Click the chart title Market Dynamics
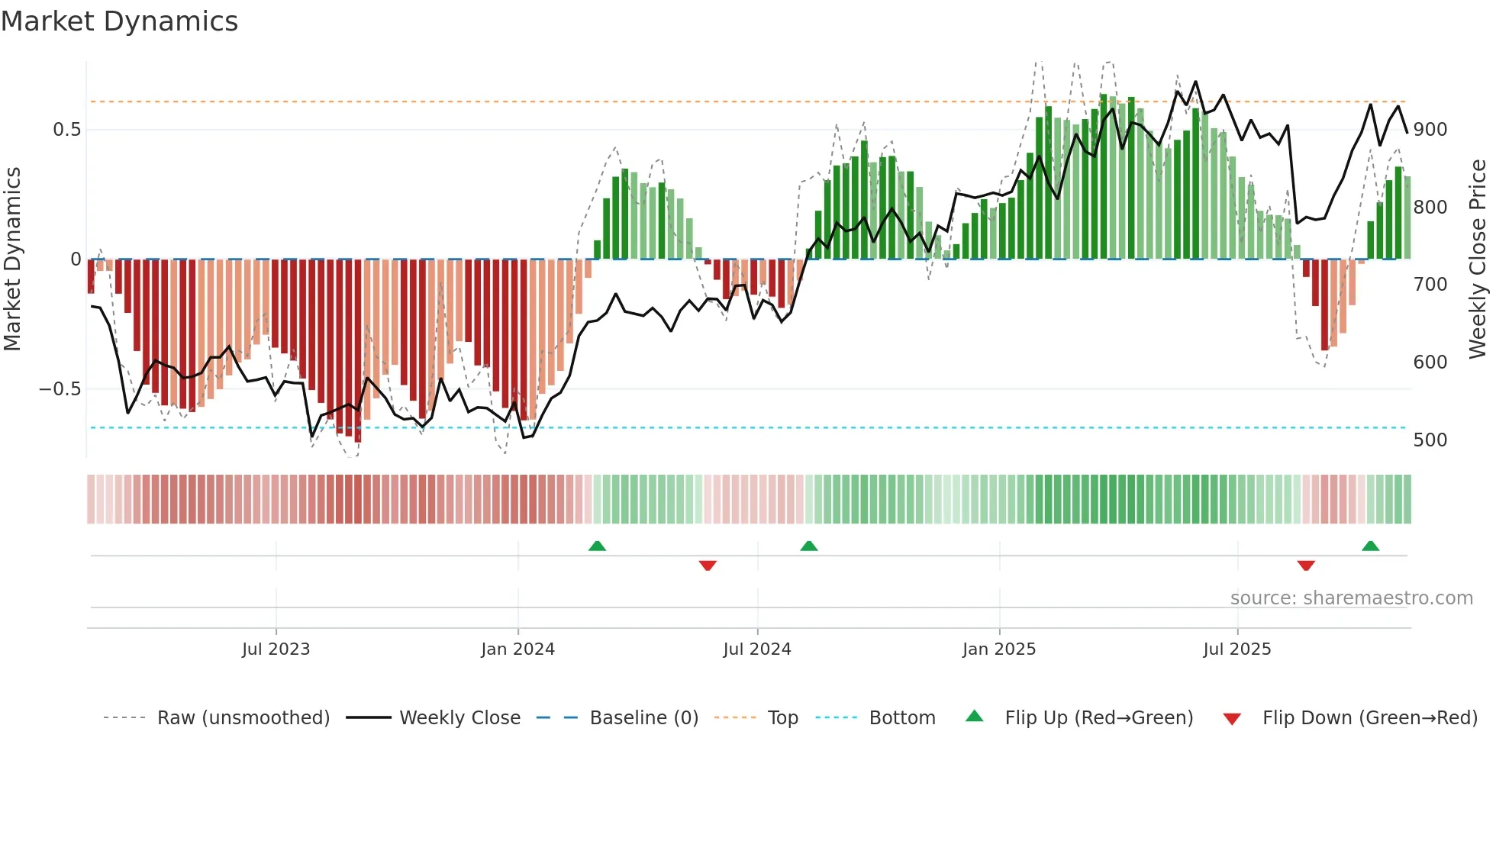[120, 21]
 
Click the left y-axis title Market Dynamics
[12, 259]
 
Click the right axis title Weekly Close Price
[1478, 259]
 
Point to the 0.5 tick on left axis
[66, 130]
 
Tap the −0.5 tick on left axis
[60, 389]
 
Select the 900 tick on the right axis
[1430, 130]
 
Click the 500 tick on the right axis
[1430, 440]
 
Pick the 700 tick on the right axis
[1430, 285]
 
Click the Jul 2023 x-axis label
[276, 649]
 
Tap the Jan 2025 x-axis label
[998, 649]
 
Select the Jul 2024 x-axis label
[756, 649]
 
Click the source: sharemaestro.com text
[1351, 598]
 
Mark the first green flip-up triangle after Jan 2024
[597, 546]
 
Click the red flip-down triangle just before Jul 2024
[708, 565]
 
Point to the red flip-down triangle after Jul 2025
[1306, 565]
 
